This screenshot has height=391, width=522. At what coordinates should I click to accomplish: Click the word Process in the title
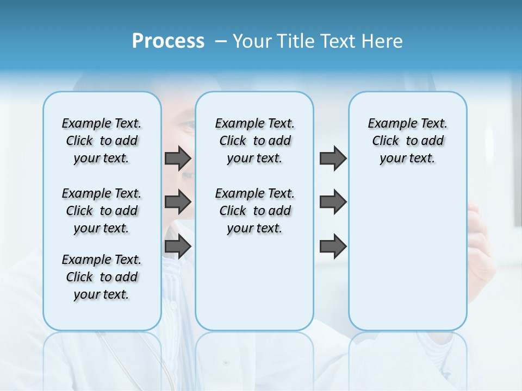168,41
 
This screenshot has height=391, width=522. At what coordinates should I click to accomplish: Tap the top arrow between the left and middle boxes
178,159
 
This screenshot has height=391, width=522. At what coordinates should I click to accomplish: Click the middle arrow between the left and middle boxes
178,202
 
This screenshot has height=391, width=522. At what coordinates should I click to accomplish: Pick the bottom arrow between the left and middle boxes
178,247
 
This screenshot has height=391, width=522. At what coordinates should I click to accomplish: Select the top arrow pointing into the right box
333,159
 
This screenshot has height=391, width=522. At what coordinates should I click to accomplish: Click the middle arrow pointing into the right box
333,202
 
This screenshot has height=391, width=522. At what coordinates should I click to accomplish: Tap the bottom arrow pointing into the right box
333,247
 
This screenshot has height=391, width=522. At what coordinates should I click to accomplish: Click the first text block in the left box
102,141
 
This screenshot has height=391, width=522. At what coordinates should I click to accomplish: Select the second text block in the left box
102,211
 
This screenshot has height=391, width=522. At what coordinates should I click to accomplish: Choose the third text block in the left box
102,277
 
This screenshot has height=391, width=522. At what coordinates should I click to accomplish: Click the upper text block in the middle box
254,141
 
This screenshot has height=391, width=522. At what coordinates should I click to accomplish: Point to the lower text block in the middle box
254,211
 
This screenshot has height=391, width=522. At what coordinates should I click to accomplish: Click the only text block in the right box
407,141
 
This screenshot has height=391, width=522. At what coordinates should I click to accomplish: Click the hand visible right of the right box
481,239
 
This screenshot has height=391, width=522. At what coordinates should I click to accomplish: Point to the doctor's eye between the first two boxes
187,125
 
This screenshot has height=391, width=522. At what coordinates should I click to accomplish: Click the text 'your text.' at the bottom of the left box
102,294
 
